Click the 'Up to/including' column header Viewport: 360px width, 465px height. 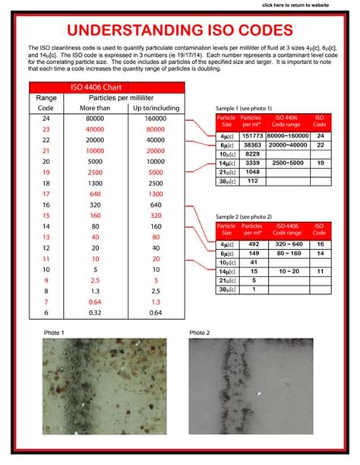point(156,108)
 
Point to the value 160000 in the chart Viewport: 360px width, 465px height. point(156,119)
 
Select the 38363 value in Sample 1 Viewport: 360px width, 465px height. point(251,144)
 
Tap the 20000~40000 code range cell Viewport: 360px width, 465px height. point(286,144)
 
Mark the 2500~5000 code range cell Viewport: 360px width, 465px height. point(286,163)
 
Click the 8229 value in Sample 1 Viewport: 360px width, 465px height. point(251,153)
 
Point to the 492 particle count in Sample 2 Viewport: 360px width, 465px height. point(251,245)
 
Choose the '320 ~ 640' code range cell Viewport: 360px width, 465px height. point(286,245)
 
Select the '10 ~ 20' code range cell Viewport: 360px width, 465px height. point(286,271)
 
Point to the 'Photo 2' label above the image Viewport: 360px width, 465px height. point(200,333)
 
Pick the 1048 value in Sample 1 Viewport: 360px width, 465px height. point(251,172)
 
